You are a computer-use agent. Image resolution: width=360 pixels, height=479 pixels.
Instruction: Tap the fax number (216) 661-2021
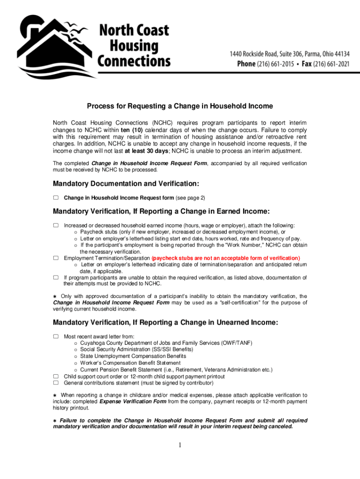[x=327, y=64]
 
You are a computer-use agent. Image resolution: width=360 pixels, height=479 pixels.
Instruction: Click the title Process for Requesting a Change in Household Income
[x=180, y=106]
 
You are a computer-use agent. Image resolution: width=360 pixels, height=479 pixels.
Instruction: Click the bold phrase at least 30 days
[x=144, y=151]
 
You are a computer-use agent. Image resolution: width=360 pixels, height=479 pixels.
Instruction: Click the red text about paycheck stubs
[x=226, y=258]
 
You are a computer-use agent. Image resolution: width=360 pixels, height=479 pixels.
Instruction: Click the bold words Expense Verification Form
[x=133, y=401]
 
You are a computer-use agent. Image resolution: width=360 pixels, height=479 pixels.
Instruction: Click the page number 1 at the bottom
[x=180, y=444]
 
